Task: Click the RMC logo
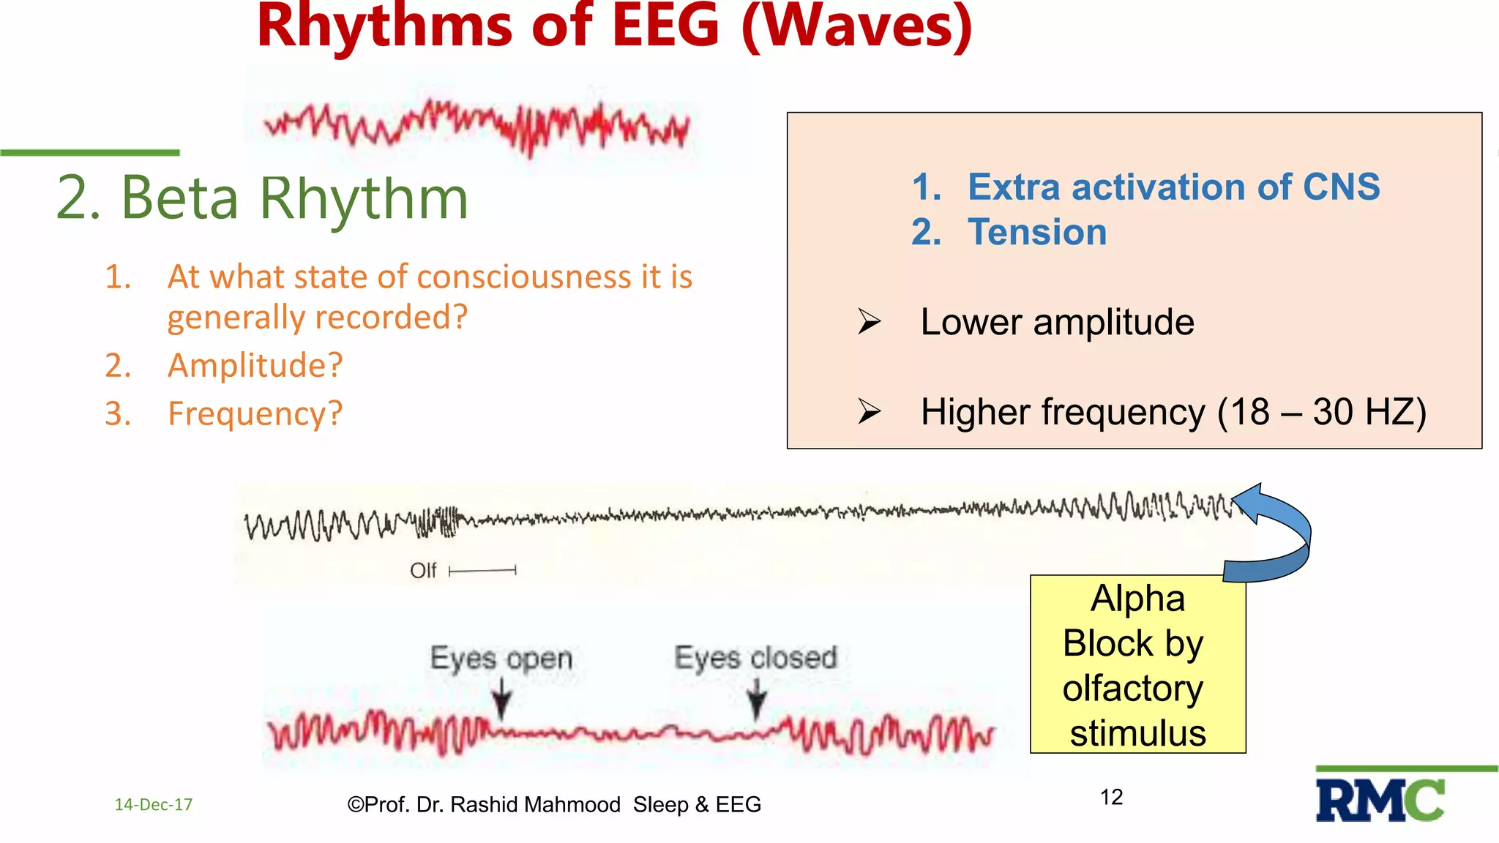pos(1380,800)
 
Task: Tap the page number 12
pos(1111,797)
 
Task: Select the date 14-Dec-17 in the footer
pos(154,805)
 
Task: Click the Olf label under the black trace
pos(423,571)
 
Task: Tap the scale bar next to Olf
pos(482,570)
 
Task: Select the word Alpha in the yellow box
pos(1137,599)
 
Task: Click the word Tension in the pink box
pos(1036,233)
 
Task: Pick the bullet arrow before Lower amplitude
pos(870,322)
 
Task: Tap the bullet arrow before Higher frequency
pos(870,412)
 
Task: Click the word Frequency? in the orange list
pos(255,413)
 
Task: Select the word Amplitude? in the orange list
pos(255,365)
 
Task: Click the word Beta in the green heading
pos(180,198)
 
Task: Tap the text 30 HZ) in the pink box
pos(1369,412)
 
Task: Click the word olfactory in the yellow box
pos(1132,689)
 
